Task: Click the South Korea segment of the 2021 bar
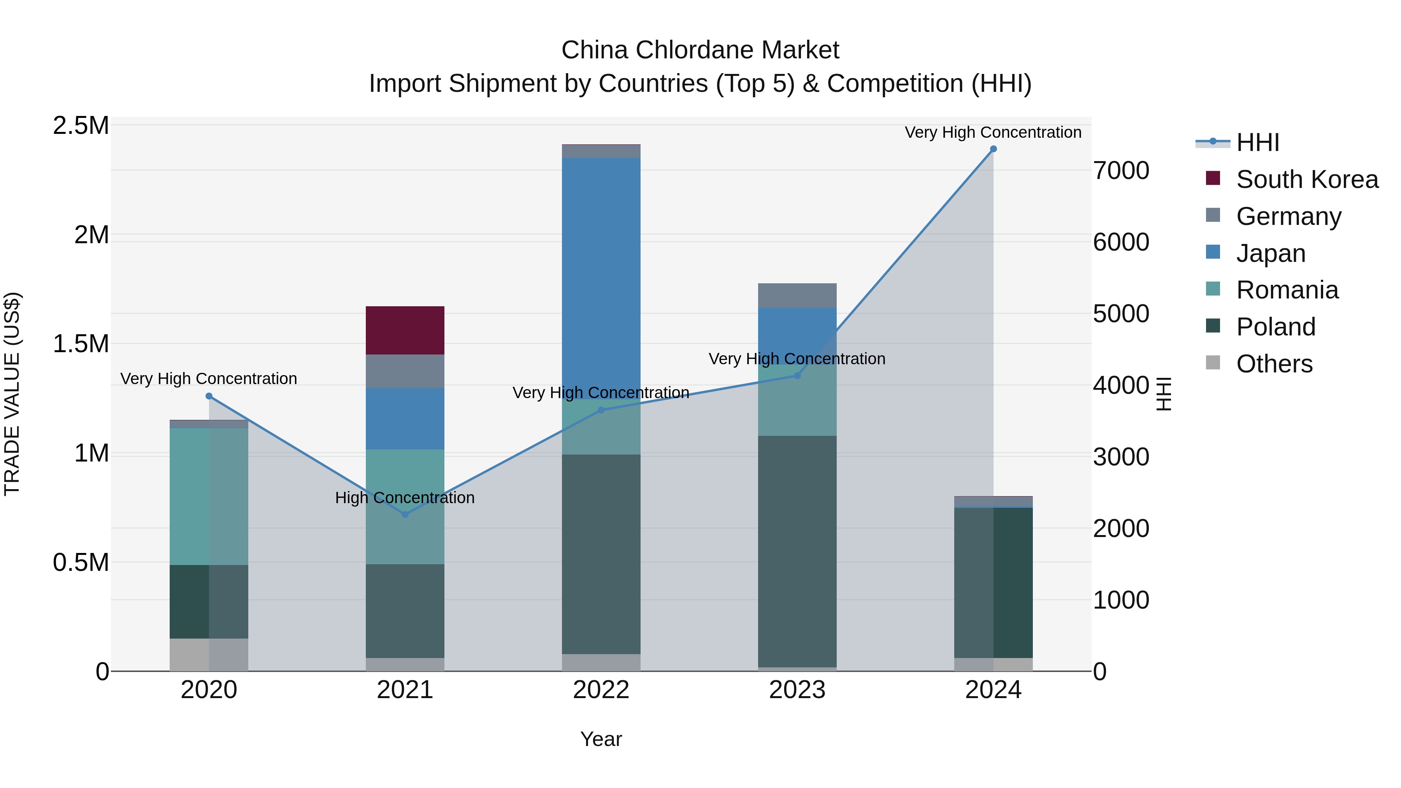coord(405,330)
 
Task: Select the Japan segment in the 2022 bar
coord(601,277)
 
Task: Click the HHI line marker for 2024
coord(993,149)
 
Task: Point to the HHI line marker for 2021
coord(405,514)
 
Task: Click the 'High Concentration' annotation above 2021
coord(405,498)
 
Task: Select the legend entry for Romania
coord(1287,290)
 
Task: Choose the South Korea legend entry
coord(1306,179)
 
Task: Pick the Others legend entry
coord(1274,364)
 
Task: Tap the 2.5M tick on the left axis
coord(81,126)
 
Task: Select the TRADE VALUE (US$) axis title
coord(12,394)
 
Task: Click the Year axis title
coord(601,739)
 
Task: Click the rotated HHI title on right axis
coord(1163,394)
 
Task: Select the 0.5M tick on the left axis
coord(81,563)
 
